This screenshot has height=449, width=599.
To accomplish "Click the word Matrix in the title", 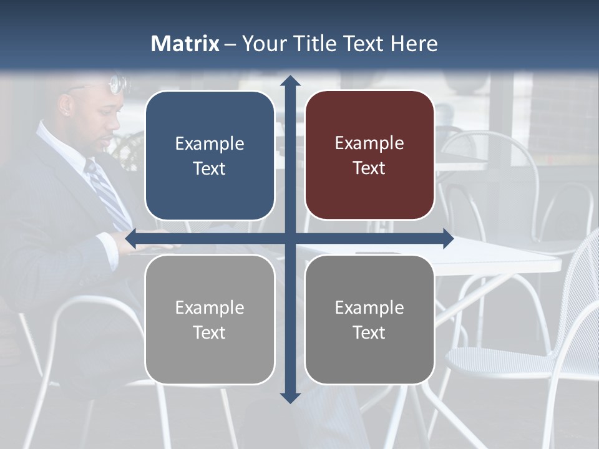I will (x=185, y=44).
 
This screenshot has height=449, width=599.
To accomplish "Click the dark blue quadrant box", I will (x=210, y=156).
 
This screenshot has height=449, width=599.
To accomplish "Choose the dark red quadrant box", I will (x=369, y=156).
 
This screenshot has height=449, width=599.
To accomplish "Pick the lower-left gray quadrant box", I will (x=210, y=319).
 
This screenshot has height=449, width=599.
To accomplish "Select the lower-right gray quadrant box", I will (x=369, y=319).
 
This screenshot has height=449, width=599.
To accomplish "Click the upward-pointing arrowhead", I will (x=290, y=80).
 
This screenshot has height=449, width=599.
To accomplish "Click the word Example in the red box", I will (x=369, y=143).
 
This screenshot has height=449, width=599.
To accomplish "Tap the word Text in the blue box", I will (x=210, y=169).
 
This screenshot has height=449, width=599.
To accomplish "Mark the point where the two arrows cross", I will (x=290, y=238).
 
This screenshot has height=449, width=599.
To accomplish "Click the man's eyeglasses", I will (x=115, y=84).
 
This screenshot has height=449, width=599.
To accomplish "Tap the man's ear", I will (x=65, y=105).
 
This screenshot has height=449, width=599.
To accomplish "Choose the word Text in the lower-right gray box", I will (x=369, y=332).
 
